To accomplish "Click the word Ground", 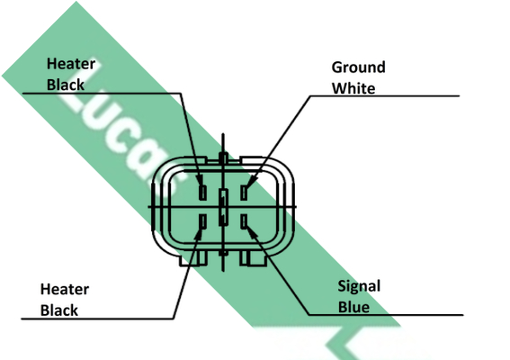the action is [358, 68].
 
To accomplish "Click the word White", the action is [353, 88].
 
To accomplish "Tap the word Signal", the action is [359, 287].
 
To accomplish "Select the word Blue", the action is [353, 307].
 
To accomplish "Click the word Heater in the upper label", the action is [71, 64].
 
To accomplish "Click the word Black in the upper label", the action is [66, 85].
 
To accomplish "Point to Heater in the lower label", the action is [65, 289].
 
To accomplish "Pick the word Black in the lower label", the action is [58, 310].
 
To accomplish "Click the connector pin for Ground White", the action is [244, 192].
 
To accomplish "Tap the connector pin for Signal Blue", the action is [244, 221].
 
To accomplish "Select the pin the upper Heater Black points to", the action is [202, 192].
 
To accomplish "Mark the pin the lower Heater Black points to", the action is [202, 221].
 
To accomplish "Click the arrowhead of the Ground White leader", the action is [252, 182].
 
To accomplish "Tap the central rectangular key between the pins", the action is [223, 207].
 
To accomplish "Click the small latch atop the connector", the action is [223, 158].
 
